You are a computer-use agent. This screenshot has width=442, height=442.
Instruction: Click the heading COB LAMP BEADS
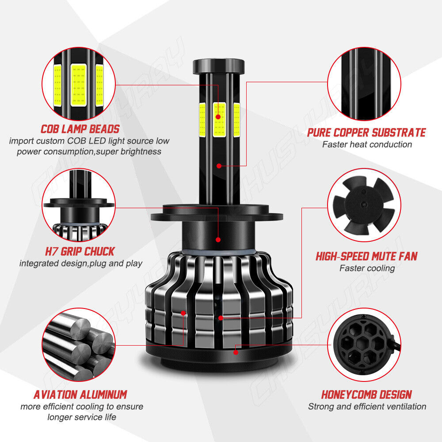[80, 129]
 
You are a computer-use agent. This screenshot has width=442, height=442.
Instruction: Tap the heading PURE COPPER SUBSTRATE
[366, 133]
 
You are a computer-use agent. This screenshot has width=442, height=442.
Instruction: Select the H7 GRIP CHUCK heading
[80, 251]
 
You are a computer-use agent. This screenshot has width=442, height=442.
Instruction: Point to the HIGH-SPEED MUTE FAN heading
[366, 256]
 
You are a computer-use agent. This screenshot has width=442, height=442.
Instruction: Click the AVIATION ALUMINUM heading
[80, 394]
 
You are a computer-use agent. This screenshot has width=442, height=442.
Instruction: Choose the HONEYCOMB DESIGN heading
[366, 394]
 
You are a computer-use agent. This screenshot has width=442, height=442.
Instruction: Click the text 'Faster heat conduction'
[367, 145]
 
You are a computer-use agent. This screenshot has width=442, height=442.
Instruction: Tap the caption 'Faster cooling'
[367, 268]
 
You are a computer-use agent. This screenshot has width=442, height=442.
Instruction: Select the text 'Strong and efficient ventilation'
[367, 407]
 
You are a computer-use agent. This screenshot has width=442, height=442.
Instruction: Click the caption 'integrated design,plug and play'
[81, 263]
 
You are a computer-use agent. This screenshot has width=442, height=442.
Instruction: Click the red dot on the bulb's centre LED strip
[218, 117]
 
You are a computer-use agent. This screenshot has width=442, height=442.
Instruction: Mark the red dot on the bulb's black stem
[219, 166]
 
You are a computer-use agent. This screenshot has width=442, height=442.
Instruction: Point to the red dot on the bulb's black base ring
[236, 352]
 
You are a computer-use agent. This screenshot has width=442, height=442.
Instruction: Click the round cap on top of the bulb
[219, 66]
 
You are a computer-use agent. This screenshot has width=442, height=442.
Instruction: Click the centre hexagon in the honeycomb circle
[364, 344]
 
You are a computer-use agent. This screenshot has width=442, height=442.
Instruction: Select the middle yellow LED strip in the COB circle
[79, 85]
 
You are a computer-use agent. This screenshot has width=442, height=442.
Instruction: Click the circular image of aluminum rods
[79, 344]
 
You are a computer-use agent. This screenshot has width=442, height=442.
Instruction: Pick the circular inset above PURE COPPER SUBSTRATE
[364, 84]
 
